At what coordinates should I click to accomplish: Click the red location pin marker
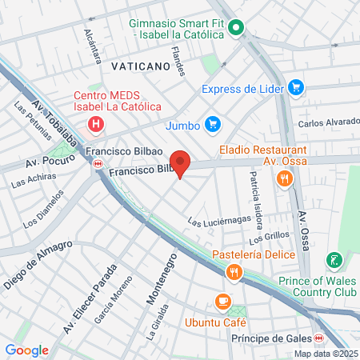tap(181, 163)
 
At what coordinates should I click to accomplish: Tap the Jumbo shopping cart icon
tap(212, 124)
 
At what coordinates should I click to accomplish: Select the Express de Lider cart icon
tap(296, 87)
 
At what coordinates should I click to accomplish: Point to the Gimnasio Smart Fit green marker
tap(235, 30)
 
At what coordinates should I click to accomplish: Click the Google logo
tap(26, 350)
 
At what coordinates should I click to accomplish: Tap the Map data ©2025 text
tap(325, 354)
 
